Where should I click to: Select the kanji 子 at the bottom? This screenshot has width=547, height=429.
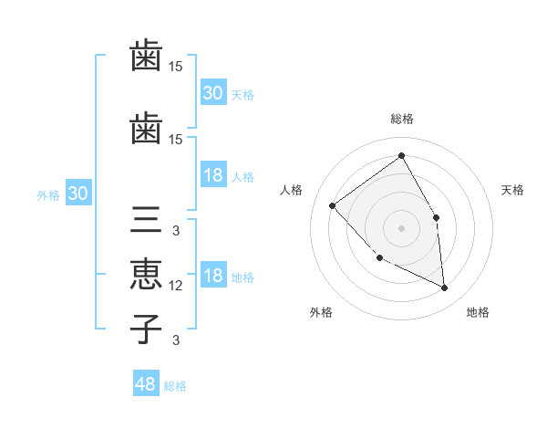(x=146, y=328)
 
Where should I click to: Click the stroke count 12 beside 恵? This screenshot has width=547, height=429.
(x=176, y=286)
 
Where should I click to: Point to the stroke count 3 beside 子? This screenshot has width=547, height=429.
(x=176, y=340)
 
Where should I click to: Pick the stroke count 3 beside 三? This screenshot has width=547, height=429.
(x=176, y=231)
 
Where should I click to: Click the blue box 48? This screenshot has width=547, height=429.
(x=146, y=384)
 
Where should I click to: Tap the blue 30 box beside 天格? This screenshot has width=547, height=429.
(x=213, y=93)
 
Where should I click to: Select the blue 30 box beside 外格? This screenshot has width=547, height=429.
(x=77, y=194)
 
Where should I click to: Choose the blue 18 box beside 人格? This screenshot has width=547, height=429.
(x=213, y=175)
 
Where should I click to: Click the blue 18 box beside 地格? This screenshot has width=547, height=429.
(x=213, y=277)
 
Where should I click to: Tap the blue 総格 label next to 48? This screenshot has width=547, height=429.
(x=175, y=386)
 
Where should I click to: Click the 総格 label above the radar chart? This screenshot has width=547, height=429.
(x=401, y=119)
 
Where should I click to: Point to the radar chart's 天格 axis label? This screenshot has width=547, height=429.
(x=513, y=190)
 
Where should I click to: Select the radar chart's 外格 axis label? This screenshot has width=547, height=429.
(x=320, y=312)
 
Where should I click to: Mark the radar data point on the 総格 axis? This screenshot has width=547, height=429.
(x=401, y=156)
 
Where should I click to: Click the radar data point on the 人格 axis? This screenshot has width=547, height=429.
(x=333, y=205)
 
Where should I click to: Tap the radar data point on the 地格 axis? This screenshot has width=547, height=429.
(x=445, y=288)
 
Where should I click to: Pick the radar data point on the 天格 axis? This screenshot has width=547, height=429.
(x=436, y=217)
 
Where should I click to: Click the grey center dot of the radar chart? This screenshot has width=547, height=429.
(x=401, y=228)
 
